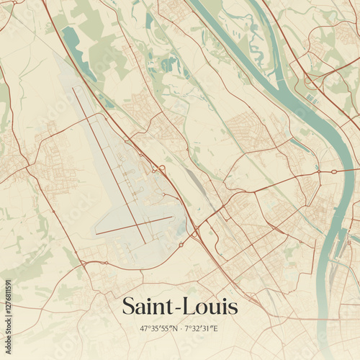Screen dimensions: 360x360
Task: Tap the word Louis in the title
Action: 212,307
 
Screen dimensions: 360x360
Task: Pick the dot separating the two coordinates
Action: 180,329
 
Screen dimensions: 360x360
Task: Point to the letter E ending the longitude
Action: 215,329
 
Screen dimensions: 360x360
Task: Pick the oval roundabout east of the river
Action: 333,171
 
